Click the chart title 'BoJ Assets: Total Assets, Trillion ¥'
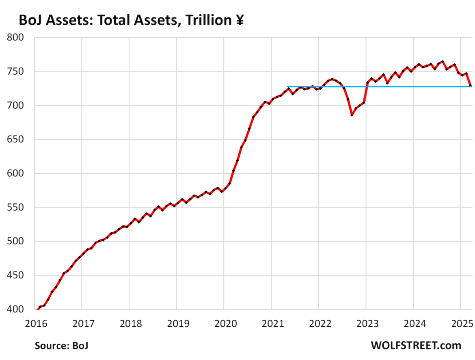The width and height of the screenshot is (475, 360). [x=130, y=20]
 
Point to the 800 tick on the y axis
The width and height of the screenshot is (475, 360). [x=16, y=38]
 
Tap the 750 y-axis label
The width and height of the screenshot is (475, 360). [x=16, y=72]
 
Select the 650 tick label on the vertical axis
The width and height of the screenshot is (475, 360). [x=16, y=140]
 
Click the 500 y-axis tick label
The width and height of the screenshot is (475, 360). [x=16, y=241]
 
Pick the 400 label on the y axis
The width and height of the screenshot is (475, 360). [x=16, y=310]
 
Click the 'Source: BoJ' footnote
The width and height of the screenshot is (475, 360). [x=61, y=346]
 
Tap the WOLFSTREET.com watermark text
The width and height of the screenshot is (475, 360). [x=416, y=346]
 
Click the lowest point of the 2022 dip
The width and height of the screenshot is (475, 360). [x=352, y=115]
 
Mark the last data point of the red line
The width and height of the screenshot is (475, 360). [x=471, y=86]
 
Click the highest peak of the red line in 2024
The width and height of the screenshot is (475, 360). [x=442, y=62]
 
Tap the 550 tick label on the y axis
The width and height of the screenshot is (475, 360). [x=16, y=207]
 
